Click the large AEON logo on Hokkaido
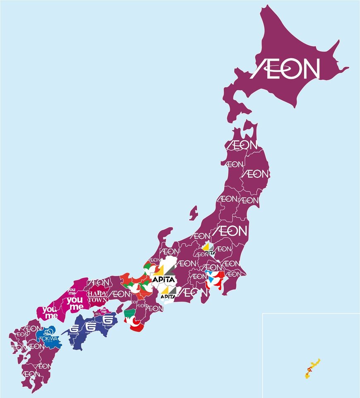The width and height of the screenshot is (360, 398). (x=286, y=69)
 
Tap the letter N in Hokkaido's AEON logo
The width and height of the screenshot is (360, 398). (x=310, y=69)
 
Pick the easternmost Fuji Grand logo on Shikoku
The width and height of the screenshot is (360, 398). (x=108, y=320)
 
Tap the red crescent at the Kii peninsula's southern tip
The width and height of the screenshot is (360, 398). (x=137, y=328)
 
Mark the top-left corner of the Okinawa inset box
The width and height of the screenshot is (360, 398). (x=262, y=314)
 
